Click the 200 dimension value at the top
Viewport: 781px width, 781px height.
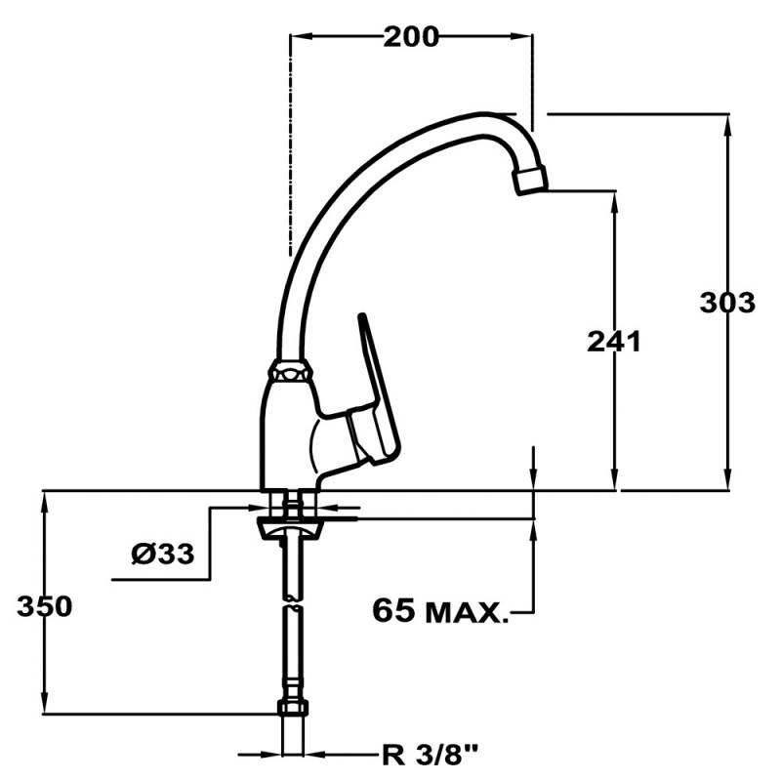coord(411,37)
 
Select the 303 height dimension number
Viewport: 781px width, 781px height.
coord(727,303)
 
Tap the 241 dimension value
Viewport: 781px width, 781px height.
coord(613,342)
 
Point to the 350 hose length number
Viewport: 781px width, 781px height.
coord(44,606)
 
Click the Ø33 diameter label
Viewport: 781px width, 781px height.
coord(163,555)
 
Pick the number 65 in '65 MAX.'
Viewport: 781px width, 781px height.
coord(393,612)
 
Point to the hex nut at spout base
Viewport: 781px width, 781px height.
coord(291,372)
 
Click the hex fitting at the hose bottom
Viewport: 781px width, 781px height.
coord(292,708)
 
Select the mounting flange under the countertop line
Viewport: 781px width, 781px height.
coord(290,528)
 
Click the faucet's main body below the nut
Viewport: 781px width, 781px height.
coord(289,430)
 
